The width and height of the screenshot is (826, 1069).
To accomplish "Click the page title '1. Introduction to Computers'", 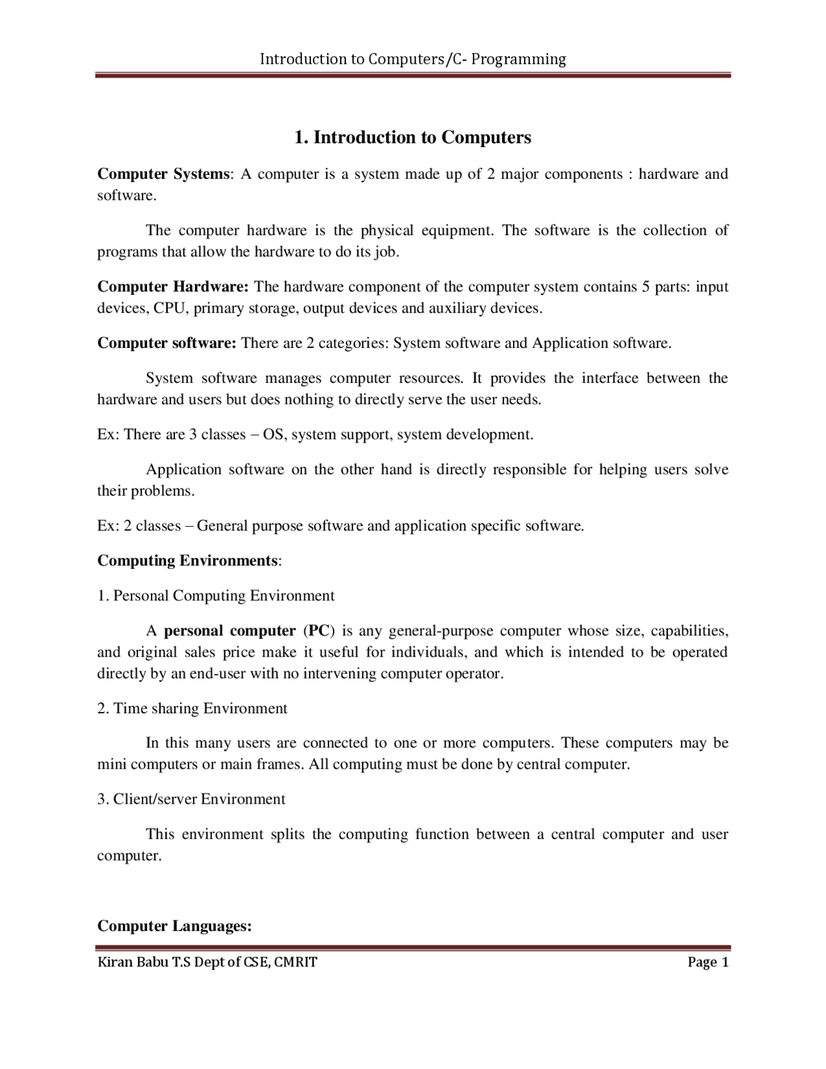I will [412, 137].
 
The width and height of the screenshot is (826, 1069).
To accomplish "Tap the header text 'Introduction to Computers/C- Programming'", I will [412, 59].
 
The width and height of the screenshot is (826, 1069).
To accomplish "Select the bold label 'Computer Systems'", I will [163, 174].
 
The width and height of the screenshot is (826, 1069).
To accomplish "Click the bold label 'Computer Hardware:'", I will [173, 287].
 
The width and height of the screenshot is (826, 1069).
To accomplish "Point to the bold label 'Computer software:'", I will [167, 343].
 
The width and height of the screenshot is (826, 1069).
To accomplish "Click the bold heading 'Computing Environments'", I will [188, 560].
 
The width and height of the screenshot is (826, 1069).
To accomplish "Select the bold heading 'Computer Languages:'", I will [174, 926].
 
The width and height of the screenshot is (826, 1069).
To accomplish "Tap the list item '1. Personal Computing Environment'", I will [216, 595].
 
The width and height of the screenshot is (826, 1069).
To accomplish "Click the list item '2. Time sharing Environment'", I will [192, 708].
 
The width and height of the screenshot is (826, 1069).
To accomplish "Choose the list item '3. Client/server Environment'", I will [191, 799].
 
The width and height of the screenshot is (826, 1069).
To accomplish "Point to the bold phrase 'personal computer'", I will [230, 630].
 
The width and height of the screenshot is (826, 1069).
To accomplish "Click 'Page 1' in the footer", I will [708, 962].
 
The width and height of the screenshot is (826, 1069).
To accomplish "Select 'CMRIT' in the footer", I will [297, 962].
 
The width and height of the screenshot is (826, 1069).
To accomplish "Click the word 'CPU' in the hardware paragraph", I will [170, 308].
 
